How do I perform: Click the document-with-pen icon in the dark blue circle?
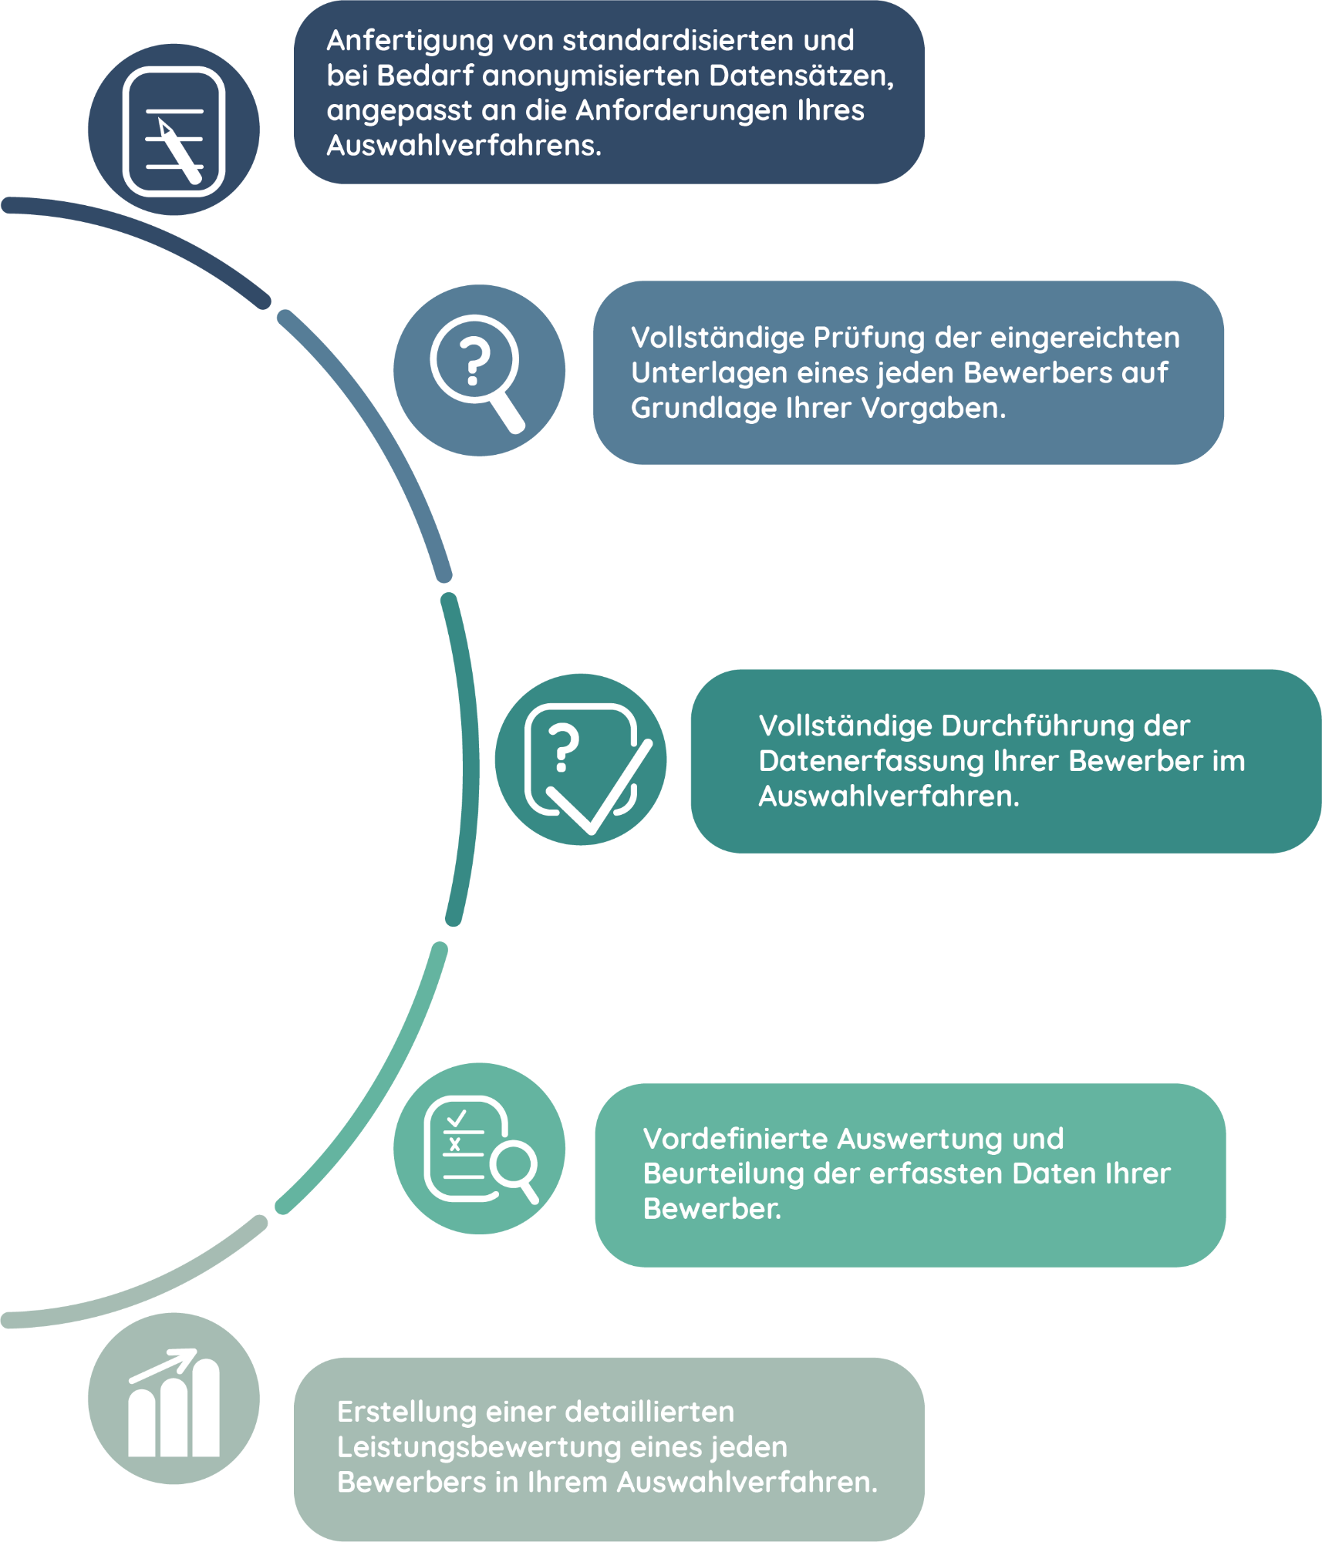pyautogui.click(x=174, y=131)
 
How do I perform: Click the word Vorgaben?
pyautogui.click(x=933, y=408)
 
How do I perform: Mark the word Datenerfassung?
pyautogui.click(x=871, y=762)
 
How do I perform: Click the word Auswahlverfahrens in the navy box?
pyautogui.click(x=464, y=146)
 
